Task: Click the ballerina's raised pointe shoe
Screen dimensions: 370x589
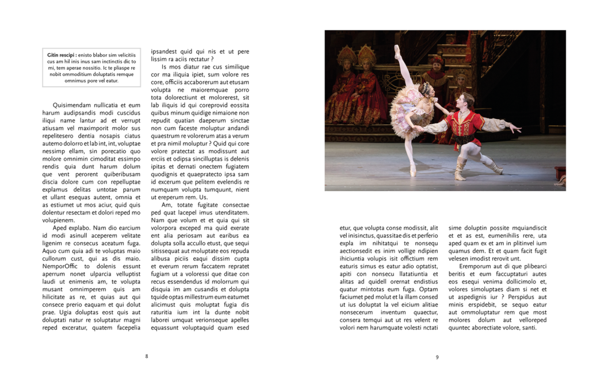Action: tap(397, 51)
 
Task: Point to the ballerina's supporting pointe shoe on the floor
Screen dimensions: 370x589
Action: tap(412, 170)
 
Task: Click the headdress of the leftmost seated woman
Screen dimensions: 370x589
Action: tap(346, 55)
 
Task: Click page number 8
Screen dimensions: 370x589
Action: tap(147, 356)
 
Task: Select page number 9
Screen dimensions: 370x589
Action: tap(437, 357)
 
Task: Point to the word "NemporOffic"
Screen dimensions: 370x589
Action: tap(60, 266)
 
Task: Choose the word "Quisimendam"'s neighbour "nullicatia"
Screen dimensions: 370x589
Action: tap(109, 105)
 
